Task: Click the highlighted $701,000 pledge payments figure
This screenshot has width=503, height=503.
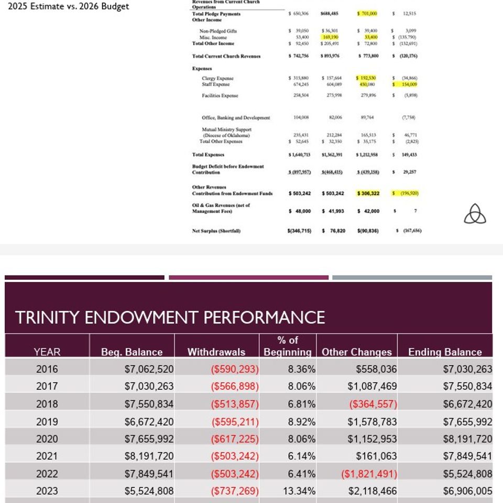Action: coord(367,14)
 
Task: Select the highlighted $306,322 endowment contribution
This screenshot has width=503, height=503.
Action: coord(367,193)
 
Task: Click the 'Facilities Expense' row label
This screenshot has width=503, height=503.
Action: coord(220,95)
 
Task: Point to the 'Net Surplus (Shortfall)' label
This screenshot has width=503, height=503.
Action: coord(216,231)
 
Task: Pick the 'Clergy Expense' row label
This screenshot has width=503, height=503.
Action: coord(217,79)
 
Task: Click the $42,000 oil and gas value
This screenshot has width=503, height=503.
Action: coord(368,211)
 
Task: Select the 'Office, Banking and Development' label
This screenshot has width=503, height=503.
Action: coord(236,118)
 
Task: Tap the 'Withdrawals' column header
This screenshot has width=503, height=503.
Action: coord(216,352)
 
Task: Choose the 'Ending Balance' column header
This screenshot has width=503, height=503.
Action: coord(445,352)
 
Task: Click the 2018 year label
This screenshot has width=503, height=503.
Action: coord(47,404)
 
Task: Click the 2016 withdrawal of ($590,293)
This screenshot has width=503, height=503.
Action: coord(234,369)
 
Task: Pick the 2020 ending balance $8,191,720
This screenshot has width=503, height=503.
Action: coord(467,439)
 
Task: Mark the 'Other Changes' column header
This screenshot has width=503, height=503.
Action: coord(357,352)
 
